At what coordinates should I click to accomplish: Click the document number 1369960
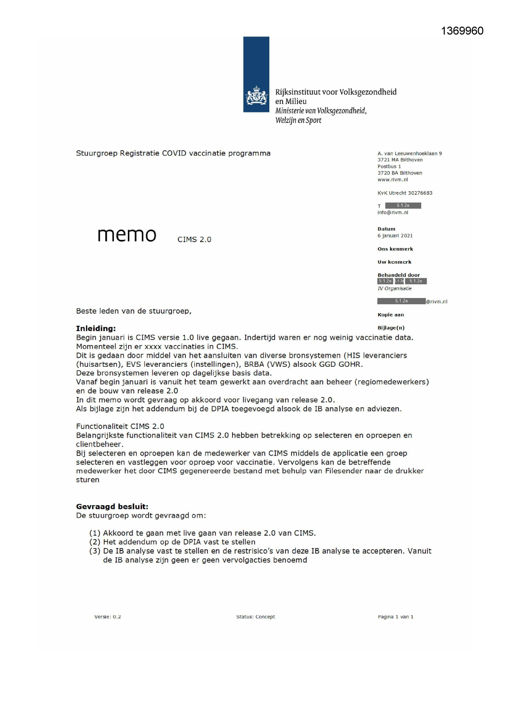[x=462, y=31]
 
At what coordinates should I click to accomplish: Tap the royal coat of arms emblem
[x=256, y=96]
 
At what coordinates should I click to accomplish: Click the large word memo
[x=127, y=235]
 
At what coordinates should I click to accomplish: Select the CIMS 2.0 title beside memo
[x=194, y=239]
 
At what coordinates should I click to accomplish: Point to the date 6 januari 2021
[x=395, y=236]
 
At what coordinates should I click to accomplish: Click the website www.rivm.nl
[x=393, y=180]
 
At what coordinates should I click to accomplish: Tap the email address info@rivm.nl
[x=393, y=212]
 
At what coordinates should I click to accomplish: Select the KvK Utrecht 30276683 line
[x=405, y=193]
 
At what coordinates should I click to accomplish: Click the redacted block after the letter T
[x=403, y=205]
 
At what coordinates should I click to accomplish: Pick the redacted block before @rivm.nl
[x=401, y=301]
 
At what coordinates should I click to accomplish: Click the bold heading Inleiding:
[x=96, y=328]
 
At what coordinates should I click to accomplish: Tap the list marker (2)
[x=95, y=542]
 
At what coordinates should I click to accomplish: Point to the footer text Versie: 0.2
[x=108, y=617]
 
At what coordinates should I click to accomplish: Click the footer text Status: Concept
[x=255, y=617]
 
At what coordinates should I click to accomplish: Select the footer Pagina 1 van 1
[x=395, y=617]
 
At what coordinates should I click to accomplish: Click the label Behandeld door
[x=399, y=275]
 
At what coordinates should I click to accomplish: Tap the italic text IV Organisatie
[x=395, y=289]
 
